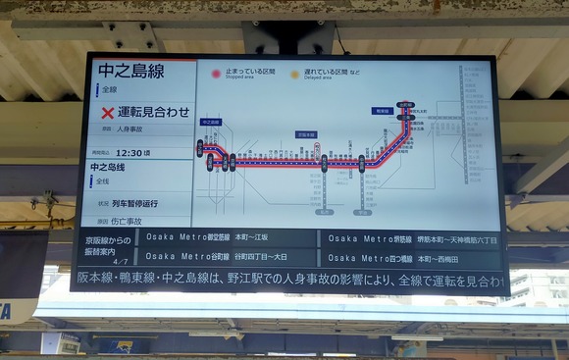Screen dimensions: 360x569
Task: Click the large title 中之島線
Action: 130,71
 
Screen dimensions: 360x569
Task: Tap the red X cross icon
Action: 107,112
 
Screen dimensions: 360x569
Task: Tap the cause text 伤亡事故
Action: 127,222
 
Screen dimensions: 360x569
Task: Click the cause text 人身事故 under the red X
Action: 129,129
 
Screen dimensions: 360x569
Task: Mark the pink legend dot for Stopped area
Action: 216,74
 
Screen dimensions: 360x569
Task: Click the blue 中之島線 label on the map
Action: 211,123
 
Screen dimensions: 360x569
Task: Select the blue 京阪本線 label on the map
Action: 306,134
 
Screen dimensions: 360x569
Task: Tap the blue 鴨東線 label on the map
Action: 382,111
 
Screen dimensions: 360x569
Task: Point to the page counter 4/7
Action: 120,262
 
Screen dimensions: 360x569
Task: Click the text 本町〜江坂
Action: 251,237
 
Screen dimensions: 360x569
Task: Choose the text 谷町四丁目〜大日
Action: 259,257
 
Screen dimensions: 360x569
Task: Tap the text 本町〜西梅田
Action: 441,258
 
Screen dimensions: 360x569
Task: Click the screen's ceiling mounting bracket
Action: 290,37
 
